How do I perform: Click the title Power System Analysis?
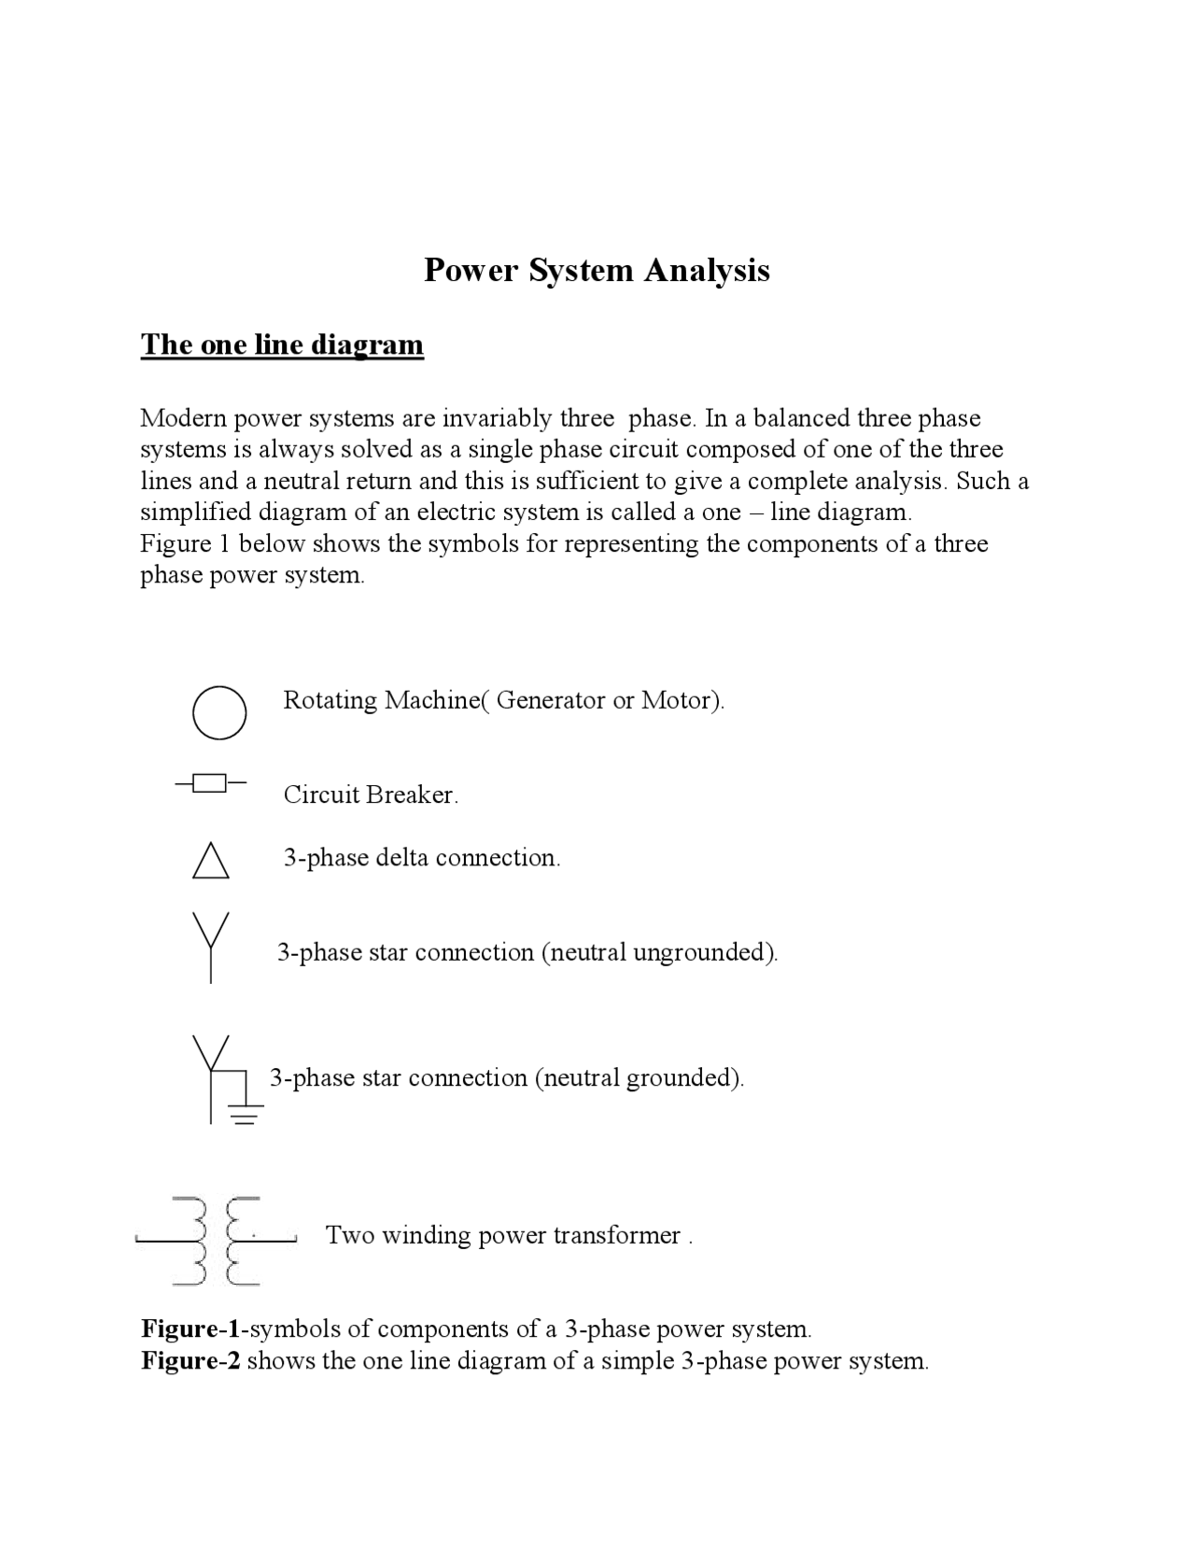coord(597,270)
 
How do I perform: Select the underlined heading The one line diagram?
coord(282,344)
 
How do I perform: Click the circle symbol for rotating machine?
coord(219,713)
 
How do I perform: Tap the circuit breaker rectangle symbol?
coord(211,782)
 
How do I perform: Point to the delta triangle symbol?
coord(211,862)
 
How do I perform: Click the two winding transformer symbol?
coord(216,1240)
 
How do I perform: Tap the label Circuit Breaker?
coord(371,794)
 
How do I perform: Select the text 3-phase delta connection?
coord(422,858)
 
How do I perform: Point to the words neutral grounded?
coord(638,1077)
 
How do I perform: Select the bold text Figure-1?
coord(190,1328)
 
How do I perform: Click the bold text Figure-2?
coord(190,1360)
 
